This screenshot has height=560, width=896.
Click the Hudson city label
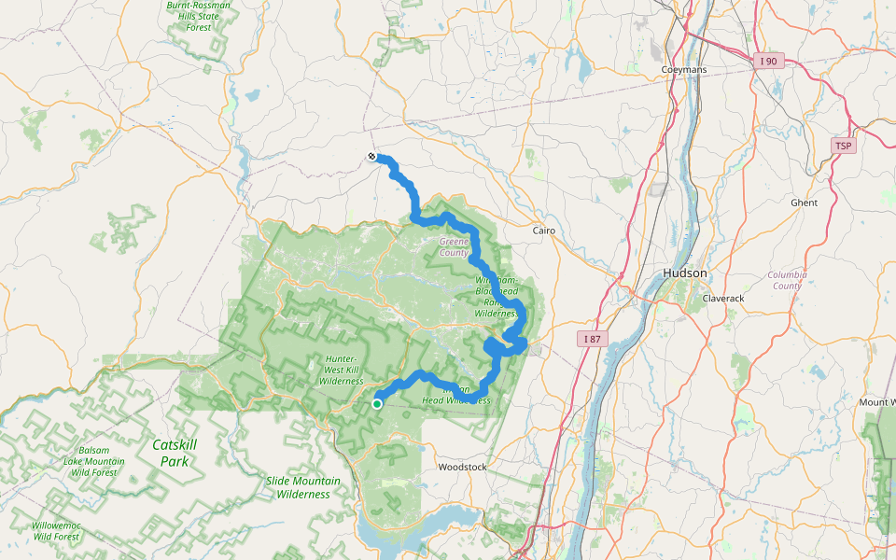pos(684,273)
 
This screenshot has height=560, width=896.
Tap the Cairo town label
pos(543,230)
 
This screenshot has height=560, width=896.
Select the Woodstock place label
pos(462,466)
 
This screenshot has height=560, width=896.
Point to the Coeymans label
pos(684,70)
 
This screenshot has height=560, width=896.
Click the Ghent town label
pos(804,203)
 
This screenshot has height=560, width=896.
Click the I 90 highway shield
pos(768,61)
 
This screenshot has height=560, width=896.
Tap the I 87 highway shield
pos(592,338)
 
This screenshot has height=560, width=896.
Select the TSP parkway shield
pos(844,147)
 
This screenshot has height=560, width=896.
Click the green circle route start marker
pos(377,404)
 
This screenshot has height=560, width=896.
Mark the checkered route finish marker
pos(371,157)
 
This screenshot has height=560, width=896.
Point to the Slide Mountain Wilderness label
pos(303,487)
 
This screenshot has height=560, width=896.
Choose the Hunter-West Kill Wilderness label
pos(341,370)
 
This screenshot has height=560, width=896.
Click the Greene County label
pos(455,246)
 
